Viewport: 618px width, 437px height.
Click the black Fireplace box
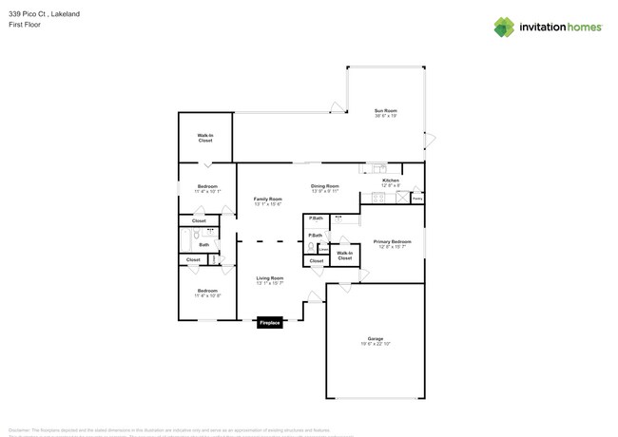pyautogui.click(x=269, y=323)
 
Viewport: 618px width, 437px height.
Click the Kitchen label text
pyautogui.click(x=391, y=181)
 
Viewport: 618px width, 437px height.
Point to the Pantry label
pyautogui.click(x=416, y=199)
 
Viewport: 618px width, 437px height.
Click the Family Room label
pyautogui.click(x=268, y=200)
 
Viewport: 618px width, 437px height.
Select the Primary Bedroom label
pyautogui.click(x=392, y=243)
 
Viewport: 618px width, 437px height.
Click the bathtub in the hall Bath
pyautogui.click(x=186, y=240)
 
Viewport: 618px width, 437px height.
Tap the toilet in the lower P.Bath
pyautogui.click(x=311, y=247)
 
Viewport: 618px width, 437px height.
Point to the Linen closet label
pyautogui.click(x=323, y=250)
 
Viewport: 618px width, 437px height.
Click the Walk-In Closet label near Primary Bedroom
pyautogui.click(x=344, y=255)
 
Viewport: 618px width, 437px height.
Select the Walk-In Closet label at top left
pyautogui.click(x=205, y=138)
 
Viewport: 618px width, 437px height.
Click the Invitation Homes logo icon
pyautogui.click(x=504, y=27)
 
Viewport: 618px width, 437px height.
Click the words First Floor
pyautogui.click(x=22, y=25)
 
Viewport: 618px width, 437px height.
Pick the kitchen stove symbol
pyautogui.click(x=377, y=199)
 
